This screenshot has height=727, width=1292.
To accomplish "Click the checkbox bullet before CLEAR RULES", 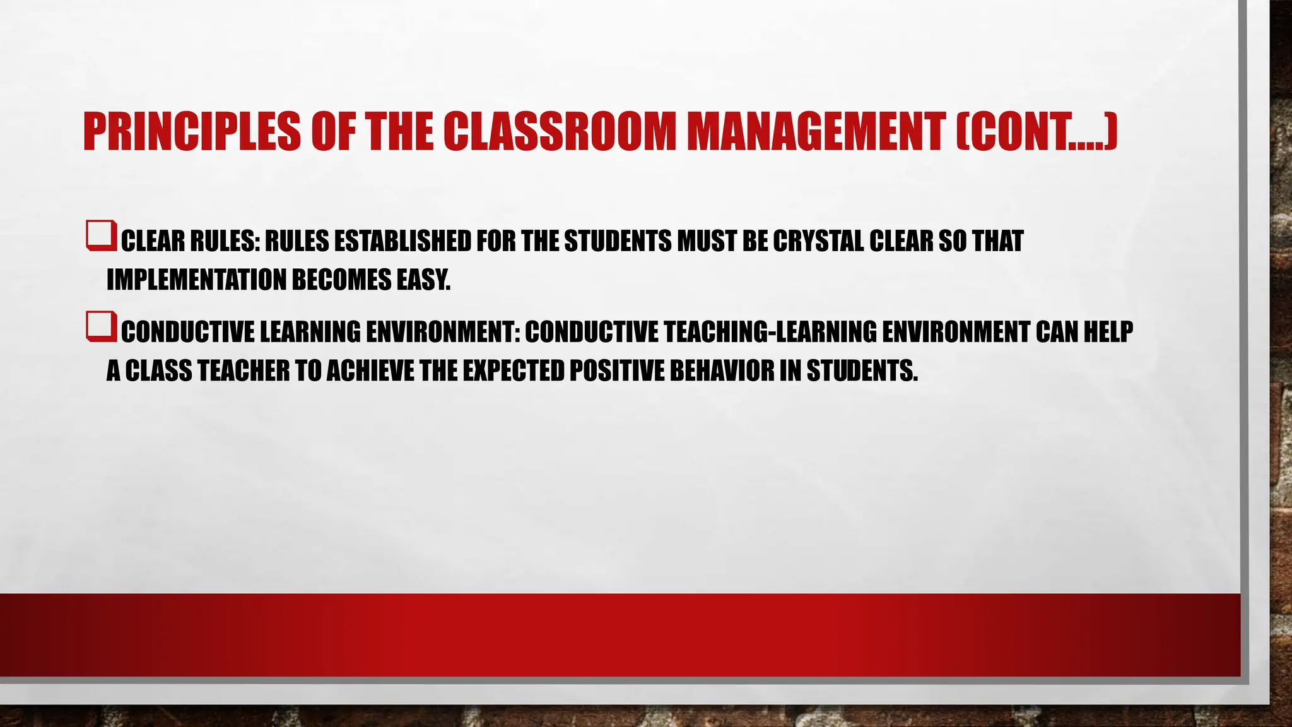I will coord(101,235).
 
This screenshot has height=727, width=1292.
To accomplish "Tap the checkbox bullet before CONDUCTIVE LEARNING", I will coord(101,326).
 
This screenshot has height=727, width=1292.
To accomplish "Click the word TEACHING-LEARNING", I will coord(763,332).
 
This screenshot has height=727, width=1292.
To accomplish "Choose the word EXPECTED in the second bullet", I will coord(513,371).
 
